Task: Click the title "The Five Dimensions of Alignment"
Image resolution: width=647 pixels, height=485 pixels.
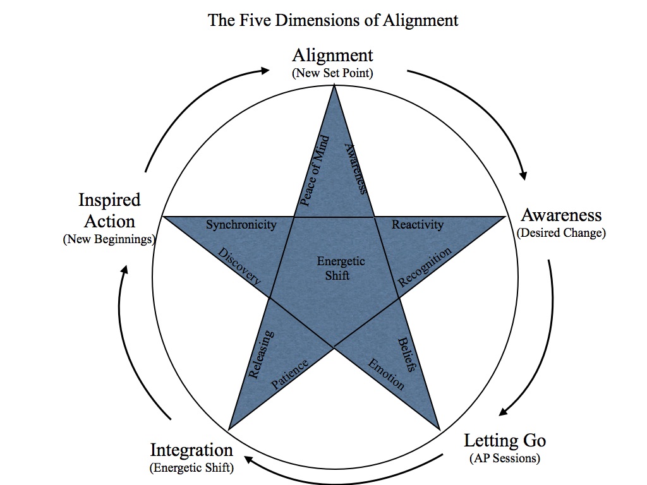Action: click(x=333, y=20)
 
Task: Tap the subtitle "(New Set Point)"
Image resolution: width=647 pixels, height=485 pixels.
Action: click(x=332, y=73)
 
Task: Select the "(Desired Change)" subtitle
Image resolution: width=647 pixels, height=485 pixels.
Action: click(x=561, y=232)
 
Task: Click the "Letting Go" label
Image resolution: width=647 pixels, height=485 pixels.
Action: click(x=505, y=440)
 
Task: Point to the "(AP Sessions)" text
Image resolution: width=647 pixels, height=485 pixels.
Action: click(x=505, y=458)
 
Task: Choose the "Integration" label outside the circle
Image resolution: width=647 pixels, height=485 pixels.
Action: click(x=191, y=450)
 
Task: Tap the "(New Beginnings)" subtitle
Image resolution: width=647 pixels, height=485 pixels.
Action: click(x=109, y=239)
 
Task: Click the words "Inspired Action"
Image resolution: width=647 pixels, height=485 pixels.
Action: click(x=109, y=211)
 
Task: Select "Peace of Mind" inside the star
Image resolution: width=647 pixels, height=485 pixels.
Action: click(x=314, y=170)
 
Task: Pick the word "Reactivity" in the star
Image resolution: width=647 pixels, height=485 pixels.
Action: click(x=418, y=224)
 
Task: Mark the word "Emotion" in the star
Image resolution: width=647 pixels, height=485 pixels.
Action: click(x=386, y=374)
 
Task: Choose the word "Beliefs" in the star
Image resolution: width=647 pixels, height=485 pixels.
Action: click(x=407, y=354)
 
